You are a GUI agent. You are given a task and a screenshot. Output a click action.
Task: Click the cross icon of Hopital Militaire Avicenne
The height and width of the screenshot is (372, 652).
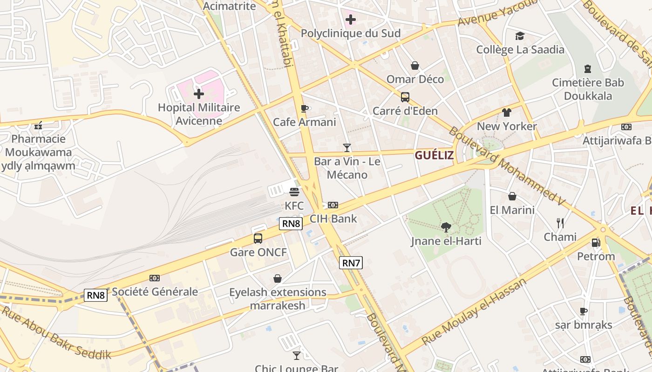199,94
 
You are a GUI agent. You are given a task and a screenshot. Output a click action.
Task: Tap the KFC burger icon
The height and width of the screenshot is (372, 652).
294,192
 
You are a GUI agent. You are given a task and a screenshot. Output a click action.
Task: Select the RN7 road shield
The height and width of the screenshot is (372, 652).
351,263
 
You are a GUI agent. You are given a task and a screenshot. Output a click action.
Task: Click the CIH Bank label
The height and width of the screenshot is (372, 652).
333,219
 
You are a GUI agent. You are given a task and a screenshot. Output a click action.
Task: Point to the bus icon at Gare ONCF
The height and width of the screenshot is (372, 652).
258,239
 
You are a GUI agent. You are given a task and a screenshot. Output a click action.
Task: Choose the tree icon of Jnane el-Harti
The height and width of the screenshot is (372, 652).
446,227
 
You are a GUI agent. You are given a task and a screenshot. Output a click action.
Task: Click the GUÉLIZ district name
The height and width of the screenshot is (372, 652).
434,155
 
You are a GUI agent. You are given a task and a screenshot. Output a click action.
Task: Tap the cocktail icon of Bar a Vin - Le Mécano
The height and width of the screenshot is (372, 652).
346,148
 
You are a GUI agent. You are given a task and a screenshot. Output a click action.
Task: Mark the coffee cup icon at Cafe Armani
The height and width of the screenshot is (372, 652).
304,108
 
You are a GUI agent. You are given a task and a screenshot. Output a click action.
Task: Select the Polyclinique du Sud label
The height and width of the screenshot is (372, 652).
351,33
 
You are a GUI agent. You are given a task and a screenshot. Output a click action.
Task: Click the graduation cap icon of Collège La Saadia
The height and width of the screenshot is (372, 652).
520,36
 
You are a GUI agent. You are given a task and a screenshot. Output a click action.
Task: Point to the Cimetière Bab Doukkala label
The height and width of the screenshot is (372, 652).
588,89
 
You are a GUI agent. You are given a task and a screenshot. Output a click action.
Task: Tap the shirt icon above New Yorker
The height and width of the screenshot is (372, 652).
507,113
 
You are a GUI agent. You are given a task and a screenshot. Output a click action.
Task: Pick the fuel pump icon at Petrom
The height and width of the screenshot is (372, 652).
596,242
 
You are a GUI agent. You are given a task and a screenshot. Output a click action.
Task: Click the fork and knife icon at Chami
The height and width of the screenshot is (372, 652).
560,223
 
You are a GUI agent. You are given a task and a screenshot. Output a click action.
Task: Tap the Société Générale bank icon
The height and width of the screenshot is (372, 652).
154,278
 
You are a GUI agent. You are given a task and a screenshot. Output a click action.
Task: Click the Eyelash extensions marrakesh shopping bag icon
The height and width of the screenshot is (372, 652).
278,279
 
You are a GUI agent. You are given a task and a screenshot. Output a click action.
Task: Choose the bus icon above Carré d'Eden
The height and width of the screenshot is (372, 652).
405,97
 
